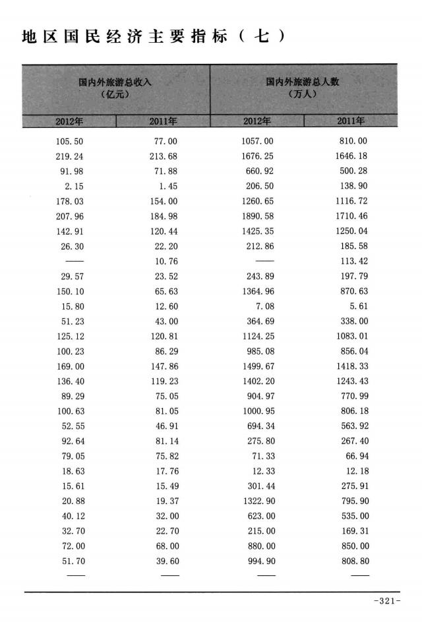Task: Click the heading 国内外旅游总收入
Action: click(115, 82)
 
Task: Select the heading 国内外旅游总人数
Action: click(303, 82)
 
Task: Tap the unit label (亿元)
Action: click(115, 95)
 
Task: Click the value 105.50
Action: click(71, 142)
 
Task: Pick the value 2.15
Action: click(74, 186)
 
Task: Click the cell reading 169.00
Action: click(71, 367)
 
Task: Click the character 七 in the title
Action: click(262, 37)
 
